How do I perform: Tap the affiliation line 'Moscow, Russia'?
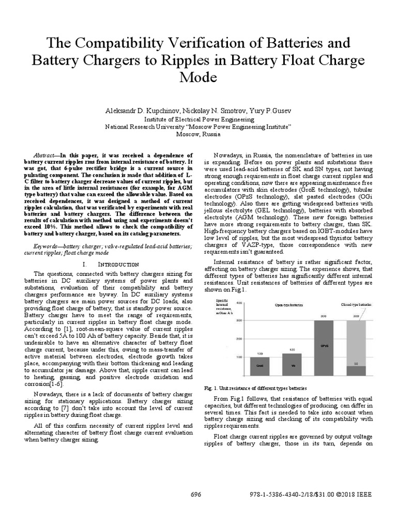[x=198, y=134]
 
